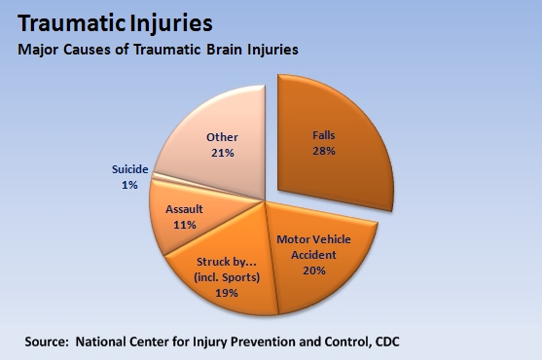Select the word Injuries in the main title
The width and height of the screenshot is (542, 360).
176,20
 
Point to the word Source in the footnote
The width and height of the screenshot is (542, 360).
49,342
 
